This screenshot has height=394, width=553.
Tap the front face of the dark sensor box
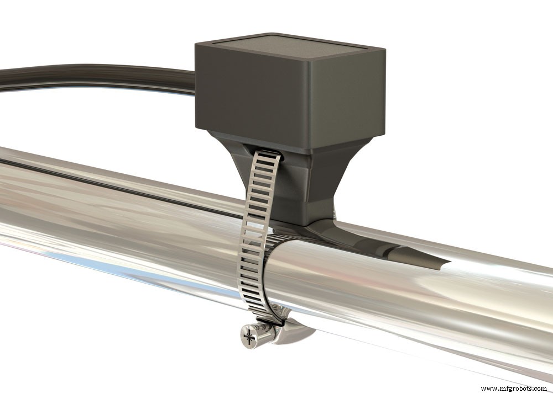click(x=254, y=94)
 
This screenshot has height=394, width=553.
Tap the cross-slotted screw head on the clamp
click(x=248, y=335)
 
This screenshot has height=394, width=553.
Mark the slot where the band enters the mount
click(x=268, y=150)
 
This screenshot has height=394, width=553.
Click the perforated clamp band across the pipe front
click(x=252, y=243)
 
